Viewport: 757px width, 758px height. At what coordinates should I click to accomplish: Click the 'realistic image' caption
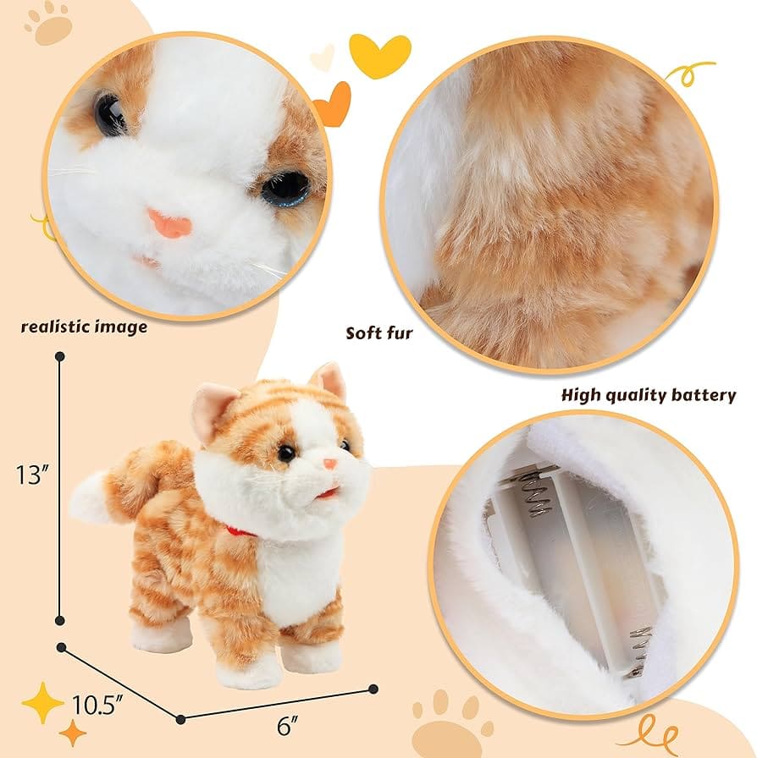[x=84, y=327]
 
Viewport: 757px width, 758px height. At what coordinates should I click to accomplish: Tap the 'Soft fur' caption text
[x=378, y=332]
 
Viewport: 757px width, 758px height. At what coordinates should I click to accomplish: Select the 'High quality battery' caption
[x=649, y=395]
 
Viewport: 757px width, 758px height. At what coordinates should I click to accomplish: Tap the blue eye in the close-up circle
[x=285, y=189]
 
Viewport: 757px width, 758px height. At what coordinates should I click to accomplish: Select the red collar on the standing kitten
[x=240, y=530]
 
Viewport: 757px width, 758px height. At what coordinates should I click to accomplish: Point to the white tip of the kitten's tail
[x=87, y=499]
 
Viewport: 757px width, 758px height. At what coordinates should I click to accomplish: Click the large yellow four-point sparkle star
[x=42, y=703]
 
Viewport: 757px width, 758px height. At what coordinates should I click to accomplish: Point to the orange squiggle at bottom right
[x=669, y=728]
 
